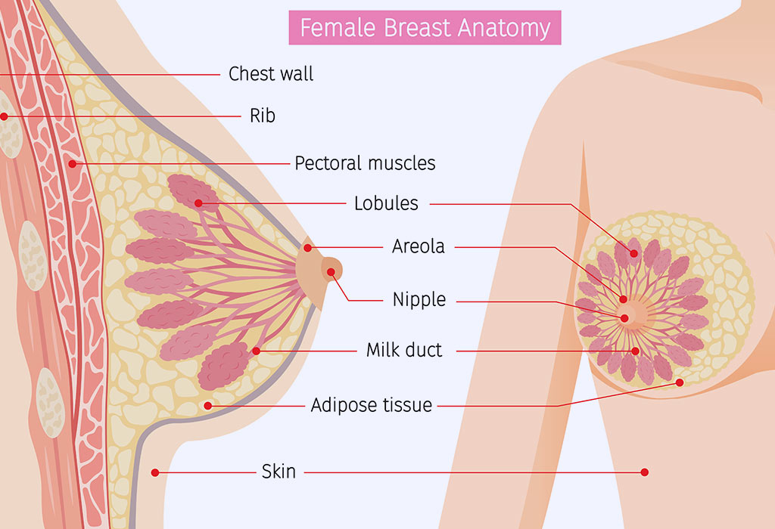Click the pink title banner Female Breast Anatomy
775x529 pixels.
pos(425,28)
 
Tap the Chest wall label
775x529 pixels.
pos(271,74)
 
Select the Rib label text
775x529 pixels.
pos(263,116)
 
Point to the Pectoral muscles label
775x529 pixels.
pos(365,163)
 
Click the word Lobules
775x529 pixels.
pos(386,203)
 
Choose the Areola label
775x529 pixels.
pos(418,246)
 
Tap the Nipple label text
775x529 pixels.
pos(419,299)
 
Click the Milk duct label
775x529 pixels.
pos(404,351)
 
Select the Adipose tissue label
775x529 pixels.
pos(371,405)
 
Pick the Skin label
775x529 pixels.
pos(279,472)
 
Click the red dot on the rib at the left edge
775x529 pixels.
pos(4,117)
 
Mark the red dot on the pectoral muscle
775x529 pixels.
pos(73,164)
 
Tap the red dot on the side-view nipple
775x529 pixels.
pos(331,272)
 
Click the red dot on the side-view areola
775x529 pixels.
pos(307,248)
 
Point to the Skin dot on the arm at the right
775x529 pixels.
pos(645,472)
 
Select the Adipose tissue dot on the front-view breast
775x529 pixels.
pos(680,382)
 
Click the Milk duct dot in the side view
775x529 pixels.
pos(256,351)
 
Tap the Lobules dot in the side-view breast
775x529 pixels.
pos(198,203)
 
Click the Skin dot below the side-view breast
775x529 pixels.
pos(155,473)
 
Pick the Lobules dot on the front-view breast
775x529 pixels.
pos(634,254)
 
